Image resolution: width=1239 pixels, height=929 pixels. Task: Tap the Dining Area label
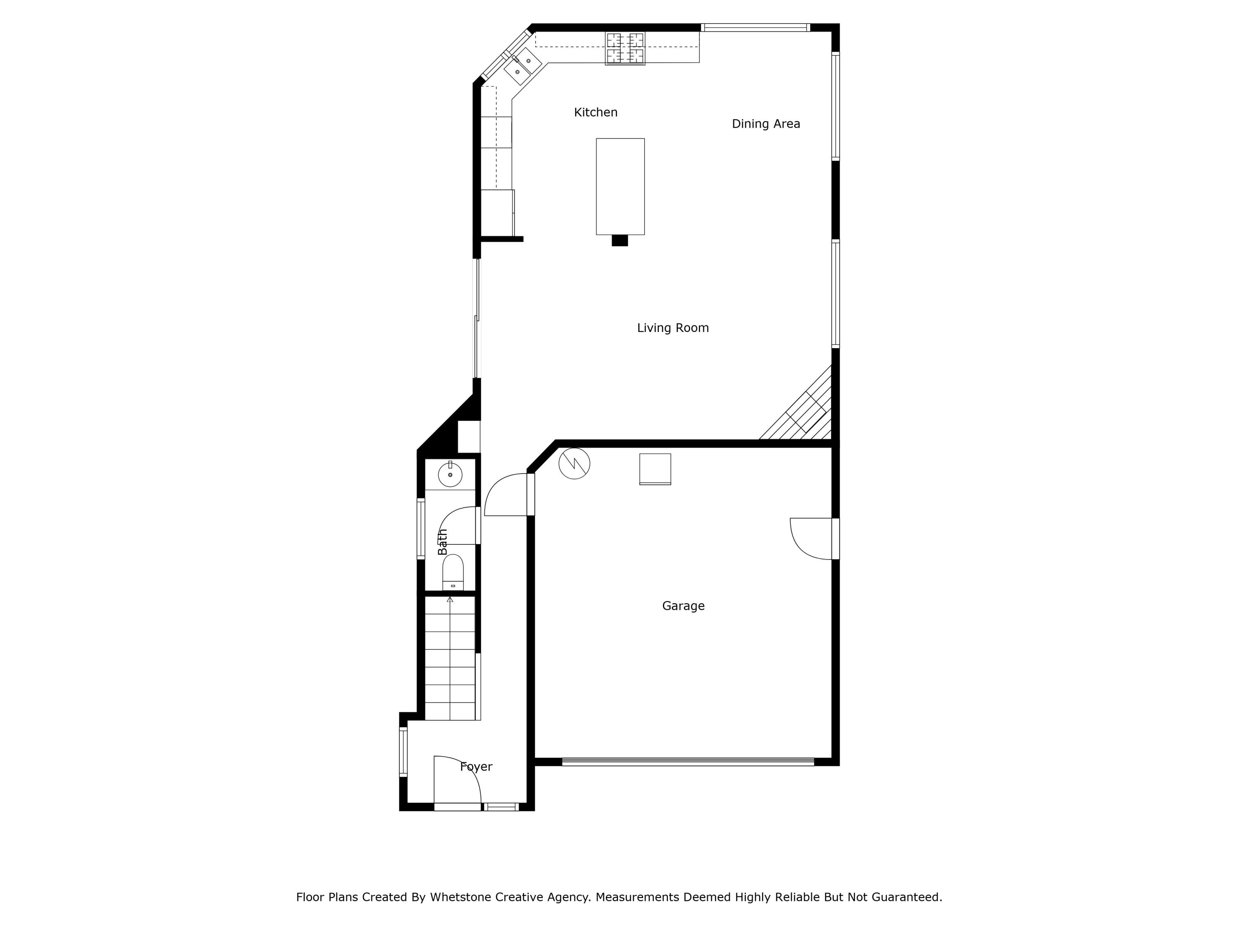(766, 124)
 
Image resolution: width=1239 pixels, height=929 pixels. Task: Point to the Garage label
(683, 606)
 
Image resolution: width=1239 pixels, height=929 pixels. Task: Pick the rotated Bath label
(442, 541)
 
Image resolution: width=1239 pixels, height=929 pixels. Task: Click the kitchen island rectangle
(620, 187)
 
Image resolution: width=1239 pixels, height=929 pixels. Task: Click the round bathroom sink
(450, 475)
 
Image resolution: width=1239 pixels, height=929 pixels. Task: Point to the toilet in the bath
(453, 572)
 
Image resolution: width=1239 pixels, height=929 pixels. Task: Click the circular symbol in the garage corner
(574, 463)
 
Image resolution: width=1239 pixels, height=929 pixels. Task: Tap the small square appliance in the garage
(655, 469)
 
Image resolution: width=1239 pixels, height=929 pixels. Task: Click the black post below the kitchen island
(619, 241)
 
